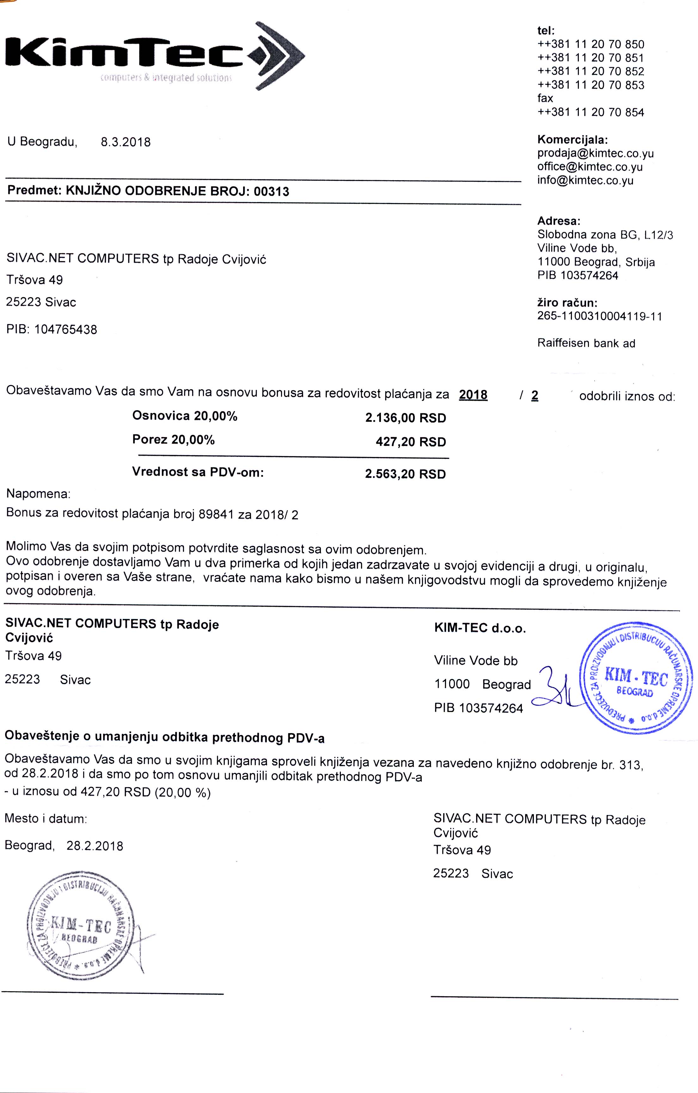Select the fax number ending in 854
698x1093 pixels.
click(591, 112)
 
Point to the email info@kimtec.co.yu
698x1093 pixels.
click(585, 181)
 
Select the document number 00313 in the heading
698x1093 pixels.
click(272, 191)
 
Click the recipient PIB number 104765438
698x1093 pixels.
click(65, 330)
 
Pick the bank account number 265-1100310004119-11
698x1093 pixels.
click(599, 316)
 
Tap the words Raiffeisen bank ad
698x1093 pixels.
click(586, 343)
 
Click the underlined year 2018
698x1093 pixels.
click(473, 395)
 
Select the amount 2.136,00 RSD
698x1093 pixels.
click(405, 418)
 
